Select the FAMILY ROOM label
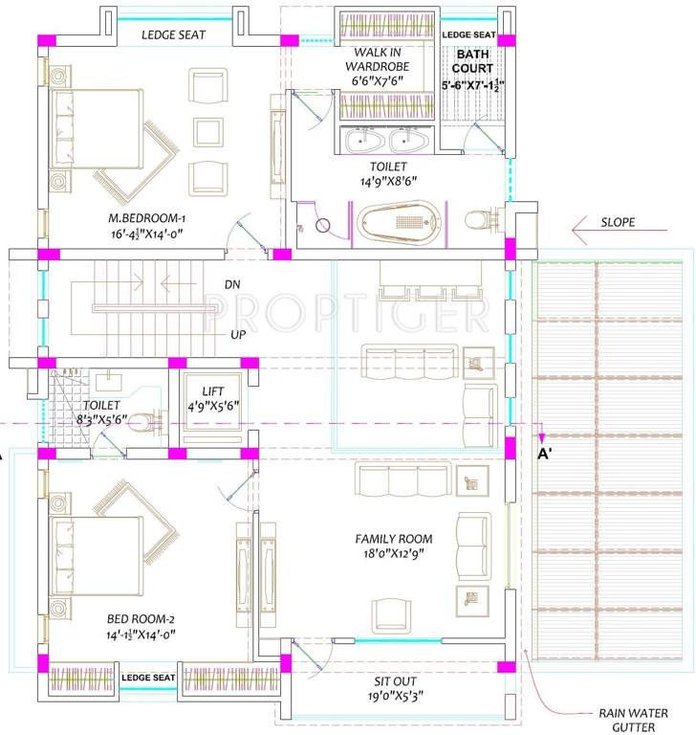coord(393,539)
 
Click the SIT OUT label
coord(392,682)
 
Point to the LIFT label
coord(212,391)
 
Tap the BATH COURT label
coord(472,62)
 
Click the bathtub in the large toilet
coord(401,224)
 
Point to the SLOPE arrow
coord(602,228)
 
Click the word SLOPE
coord(618,222)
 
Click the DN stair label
coord(232,284)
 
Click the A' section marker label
coord(547,456)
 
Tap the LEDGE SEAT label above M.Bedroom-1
coord(173,35)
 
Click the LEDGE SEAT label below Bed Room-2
coord(147,678)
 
